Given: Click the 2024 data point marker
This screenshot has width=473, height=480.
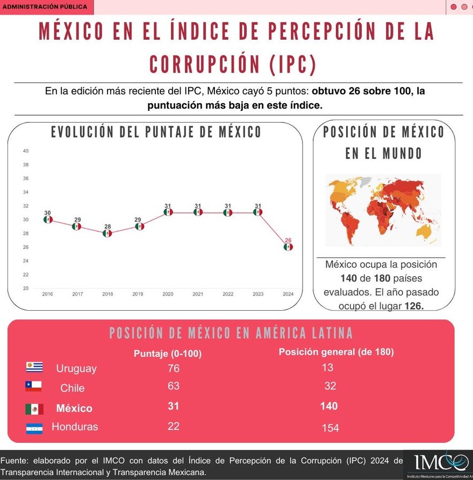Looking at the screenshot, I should (288, 247).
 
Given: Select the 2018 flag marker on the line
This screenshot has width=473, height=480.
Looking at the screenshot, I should (107, 233).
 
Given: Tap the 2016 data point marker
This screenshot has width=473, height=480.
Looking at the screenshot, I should (48, 219).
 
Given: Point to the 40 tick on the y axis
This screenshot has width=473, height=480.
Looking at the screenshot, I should (26, 151).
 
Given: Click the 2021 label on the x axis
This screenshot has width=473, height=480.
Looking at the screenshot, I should (198, 294).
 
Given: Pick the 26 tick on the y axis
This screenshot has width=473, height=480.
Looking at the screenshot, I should (26, 247).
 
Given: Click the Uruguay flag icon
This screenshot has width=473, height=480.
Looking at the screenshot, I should (34, 367).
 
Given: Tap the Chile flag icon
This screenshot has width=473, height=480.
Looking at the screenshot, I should (33, 386).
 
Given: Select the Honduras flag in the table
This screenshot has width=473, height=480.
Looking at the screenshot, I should (34, 428).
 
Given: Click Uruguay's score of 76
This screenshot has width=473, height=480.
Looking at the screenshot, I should (173, 368).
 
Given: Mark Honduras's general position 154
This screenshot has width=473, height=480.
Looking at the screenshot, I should (330, 428).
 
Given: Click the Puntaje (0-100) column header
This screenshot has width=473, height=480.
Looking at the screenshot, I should (168, 353).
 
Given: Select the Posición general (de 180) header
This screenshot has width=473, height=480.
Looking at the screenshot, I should (336, 352).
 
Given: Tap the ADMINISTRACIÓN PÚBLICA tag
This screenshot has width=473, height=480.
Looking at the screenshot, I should (45, 7).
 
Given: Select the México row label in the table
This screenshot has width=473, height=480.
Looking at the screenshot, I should (74, 409).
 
